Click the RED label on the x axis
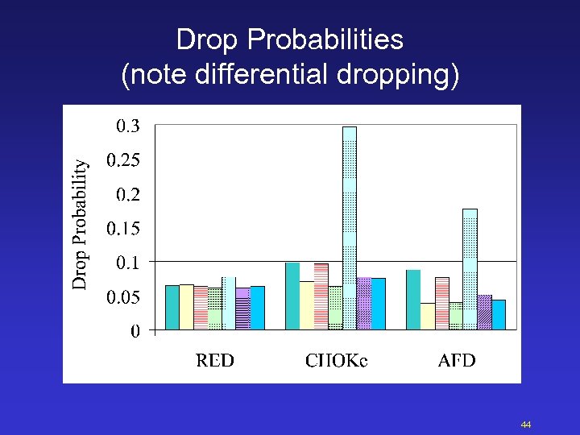pos(215,360)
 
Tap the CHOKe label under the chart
pos(336,360)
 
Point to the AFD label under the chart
pos(457,360)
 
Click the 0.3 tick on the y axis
pos(127,126)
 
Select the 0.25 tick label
pos(122,160)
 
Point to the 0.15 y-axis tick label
pos(122,229)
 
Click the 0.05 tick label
pos(122,297)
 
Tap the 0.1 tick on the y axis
pos(127,263)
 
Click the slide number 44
pos(526,425)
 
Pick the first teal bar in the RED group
pos(172,307)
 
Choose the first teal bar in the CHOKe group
pos(292,296)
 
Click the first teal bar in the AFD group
pos(413,299)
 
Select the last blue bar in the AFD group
pos(499,314)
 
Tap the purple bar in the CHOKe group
pos(363,303)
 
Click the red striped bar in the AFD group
pos(441,303)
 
